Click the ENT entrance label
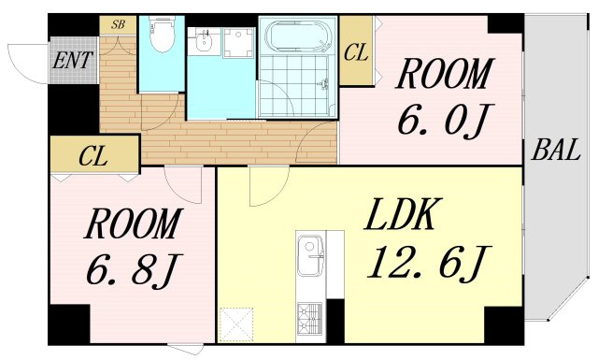(x=73, y=61)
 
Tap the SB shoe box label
(x=119, y=25)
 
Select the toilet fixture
(x=162, y=34)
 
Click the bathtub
(x=298, y=36)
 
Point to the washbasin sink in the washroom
(x=204, y=42)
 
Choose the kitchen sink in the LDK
(x=311, y=255)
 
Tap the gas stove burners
(x=309, y=320)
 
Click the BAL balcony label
(x=556, y=150)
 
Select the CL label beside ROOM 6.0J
(x=356, y=52)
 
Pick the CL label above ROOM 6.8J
(x=93, y=156)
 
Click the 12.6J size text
(x=429, y=262)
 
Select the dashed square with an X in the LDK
(x=237, y=324)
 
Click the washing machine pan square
(x=239, y=42)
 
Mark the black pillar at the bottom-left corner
(x=68, y=324)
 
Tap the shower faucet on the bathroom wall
(x=325, y=84)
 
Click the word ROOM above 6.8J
(x=133, y=224)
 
